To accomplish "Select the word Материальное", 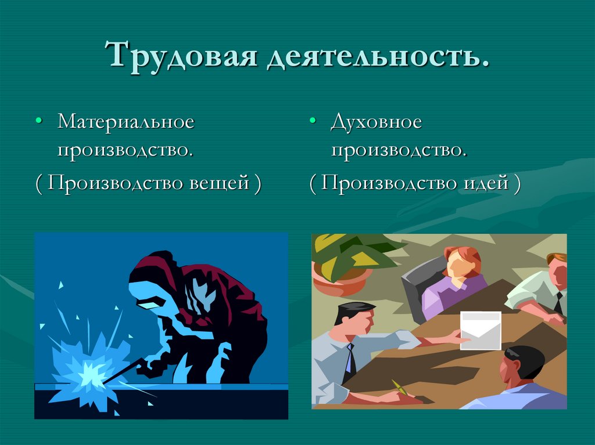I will (125, 122).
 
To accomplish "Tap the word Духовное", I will (376, 122).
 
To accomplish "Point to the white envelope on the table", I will (481, 331).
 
